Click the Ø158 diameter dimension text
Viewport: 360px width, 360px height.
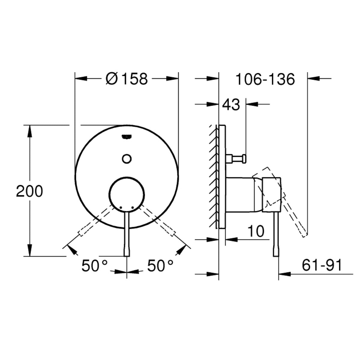click(127, 79)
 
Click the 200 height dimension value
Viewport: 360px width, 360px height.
click(29, 191)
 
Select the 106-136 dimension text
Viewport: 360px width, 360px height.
click(265, 79)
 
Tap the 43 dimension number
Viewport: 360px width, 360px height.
click(231, 105)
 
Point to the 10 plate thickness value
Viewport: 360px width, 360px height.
click(256, 231)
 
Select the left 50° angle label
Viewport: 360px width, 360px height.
click(95, 266)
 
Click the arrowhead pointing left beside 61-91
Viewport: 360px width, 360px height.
click(283, 274)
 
